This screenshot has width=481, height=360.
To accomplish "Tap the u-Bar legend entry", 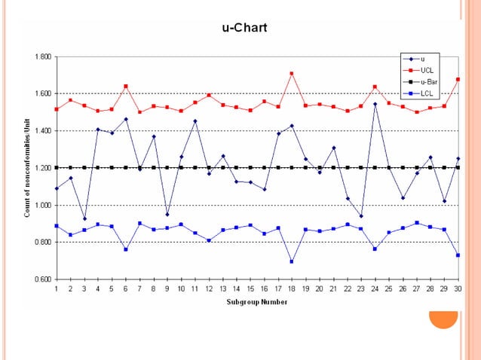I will [429, 81].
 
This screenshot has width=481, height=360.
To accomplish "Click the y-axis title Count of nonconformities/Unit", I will [26, 168].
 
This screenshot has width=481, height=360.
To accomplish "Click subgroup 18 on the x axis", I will [291, 289].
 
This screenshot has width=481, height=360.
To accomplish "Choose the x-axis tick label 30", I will [458, 289].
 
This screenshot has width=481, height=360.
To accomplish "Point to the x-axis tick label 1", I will [57, 289].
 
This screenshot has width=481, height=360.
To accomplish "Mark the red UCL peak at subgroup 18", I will [291, 73].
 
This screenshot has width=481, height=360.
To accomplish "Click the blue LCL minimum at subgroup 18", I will [291, 261].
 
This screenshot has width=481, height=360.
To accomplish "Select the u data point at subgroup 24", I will [375, 104].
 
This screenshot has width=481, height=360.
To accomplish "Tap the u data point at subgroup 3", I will [84, 218].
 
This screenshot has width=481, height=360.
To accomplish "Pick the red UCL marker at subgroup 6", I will [126, 86].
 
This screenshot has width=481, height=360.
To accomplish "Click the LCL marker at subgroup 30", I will [458, 255].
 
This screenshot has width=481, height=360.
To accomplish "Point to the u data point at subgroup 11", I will [195, 121].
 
